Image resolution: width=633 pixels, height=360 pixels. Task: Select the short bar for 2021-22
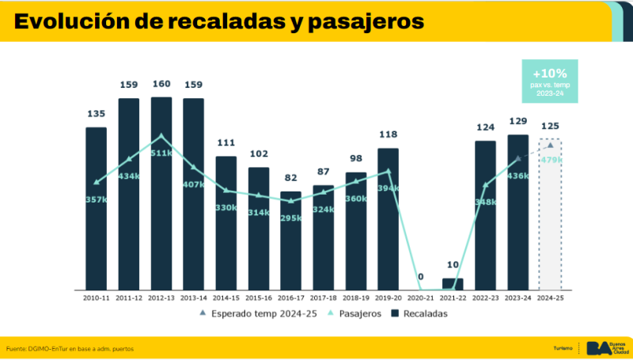[x=453, y=283]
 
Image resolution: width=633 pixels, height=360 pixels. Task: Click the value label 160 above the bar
[x=161, y=85]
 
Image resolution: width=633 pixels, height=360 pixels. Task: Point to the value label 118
[x=388, y=135]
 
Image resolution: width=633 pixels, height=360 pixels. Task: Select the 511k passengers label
[x=161, y=153]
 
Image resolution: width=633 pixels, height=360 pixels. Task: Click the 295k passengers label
[x=290, y=218]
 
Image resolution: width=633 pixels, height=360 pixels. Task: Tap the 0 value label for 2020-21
[x=420, y=277]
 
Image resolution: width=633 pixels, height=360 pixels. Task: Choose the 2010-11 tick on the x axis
[x=96, y=298]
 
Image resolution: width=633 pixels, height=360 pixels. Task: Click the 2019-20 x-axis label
[x=388, y=298]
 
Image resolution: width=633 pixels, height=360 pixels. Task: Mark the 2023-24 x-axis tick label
[x=517, y=298]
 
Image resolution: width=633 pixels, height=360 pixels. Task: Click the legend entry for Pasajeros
[x=360, y=313]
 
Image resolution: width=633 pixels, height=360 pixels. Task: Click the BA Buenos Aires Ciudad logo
[x=605, y=348]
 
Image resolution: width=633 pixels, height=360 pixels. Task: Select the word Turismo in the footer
[x=563, y=349]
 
